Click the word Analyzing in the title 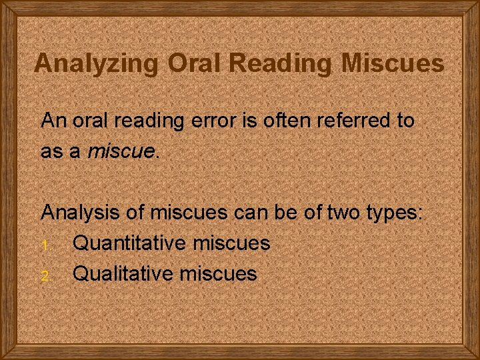97,63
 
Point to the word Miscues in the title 393,63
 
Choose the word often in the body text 294,121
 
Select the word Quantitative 129,243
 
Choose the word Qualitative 122,273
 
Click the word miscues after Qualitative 217,273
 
